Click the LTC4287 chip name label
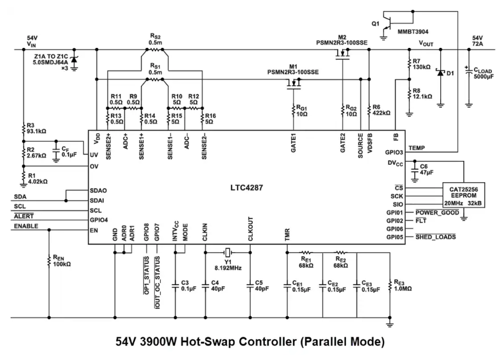[x=247, y=187]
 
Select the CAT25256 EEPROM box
[x=463, y=195]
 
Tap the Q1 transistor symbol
[x=387, y=24]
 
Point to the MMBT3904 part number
[x=413, y=32]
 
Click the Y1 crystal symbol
[x=227, y=252]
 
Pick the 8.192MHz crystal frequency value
[x=228, y=268]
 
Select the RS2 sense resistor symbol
[x=155, y=50]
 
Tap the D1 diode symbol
[x=440, y=73]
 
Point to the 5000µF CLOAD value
[x=484, y=77]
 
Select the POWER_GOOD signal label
[x=437, y=213]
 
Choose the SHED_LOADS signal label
[x=436, y=237]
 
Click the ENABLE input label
[x=26, y=226]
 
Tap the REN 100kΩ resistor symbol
[x=49, y=261]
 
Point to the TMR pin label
[x=287, y=235]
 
